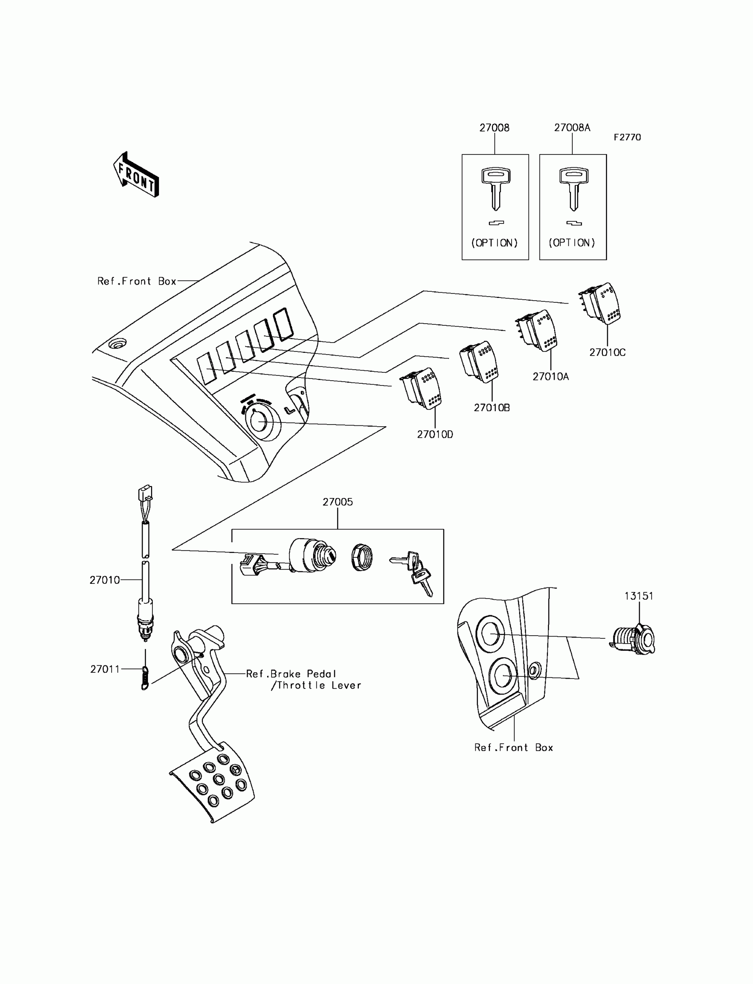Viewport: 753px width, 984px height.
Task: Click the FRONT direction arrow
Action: [x=136, y=175]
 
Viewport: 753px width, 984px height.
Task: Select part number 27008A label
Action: [x=572, y=127]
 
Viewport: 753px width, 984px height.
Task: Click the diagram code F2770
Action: [x=627, y=138]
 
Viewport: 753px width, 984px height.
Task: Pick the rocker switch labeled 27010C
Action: [x=601, y=303]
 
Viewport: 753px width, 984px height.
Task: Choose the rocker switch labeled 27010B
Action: [x=480, y=362]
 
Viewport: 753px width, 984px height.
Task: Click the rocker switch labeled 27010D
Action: [x=421, y=388]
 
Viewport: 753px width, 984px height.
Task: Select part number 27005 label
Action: [x=338, y=502]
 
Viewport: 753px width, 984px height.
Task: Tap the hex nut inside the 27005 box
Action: [x=362, y=557]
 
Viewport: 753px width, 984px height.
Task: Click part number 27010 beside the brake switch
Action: [x=105, y=580]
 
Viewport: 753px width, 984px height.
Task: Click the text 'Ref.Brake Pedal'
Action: [x=291, y=674]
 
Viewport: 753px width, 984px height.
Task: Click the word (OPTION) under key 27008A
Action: [x=572, y=243]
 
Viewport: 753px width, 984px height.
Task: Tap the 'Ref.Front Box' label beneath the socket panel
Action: [x=514, y=748]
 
